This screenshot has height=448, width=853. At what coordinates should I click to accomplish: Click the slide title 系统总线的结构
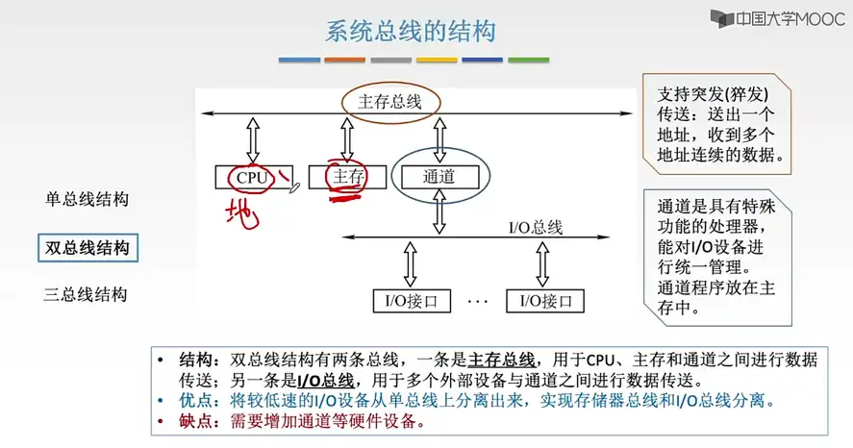(411, 33)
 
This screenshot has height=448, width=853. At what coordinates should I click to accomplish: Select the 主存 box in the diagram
(347, 177)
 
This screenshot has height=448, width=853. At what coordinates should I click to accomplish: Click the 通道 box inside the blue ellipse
(439, 177)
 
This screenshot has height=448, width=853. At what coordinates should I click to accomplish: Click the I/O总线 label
(535, 228)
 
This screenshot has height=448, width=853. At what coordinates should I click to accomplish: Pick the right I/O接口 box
(545, 301)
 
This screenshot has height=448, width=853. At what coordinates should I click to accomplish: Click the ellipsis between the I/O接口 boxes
(478, 301)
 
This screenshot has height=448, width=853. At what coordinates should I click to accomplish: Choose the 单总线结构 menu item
(87, 200)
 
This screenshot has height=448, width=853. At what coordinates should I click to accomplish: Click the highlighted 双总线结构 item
(87, 248)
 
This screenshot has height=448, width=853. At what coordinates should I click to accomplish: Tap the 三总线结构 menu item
(87, 294)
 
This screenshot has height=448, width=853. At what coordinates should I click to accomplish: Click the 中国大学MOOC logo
(777, 19)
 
